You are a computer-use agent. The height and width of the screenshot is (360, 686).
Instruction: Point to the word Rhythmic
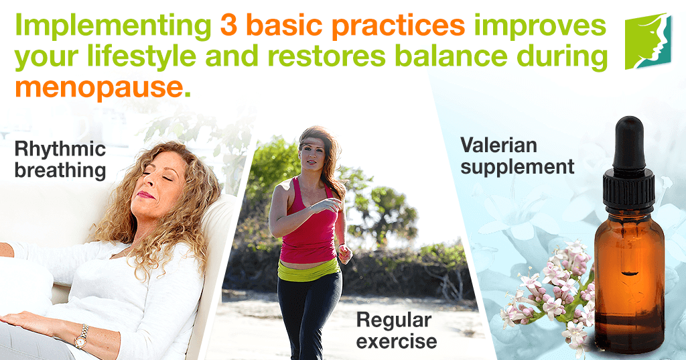click(x=60, y=149)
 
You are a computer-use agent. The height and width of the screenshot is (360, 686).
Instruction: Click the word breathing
click(x=60, y=171)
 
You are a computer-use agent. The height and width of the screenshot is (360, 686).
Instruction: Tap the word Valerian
click(x=498, y=145)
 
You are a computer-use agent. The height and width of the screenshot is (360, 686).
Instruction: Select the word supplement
click(x=518, y=168)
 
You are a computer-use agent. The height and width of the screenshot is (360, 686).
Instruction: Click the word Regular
click(x=394, y=320)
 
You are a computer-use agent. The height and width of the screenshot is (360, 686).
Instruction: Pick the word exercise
click(x=397, y=341)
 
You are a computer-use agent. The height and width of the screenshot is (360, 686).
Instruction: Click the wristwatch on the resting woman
click(x=81, y=337)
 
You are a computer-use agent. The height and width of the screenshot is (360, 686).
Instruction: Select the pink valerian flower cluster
click(x=550, y=294)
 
